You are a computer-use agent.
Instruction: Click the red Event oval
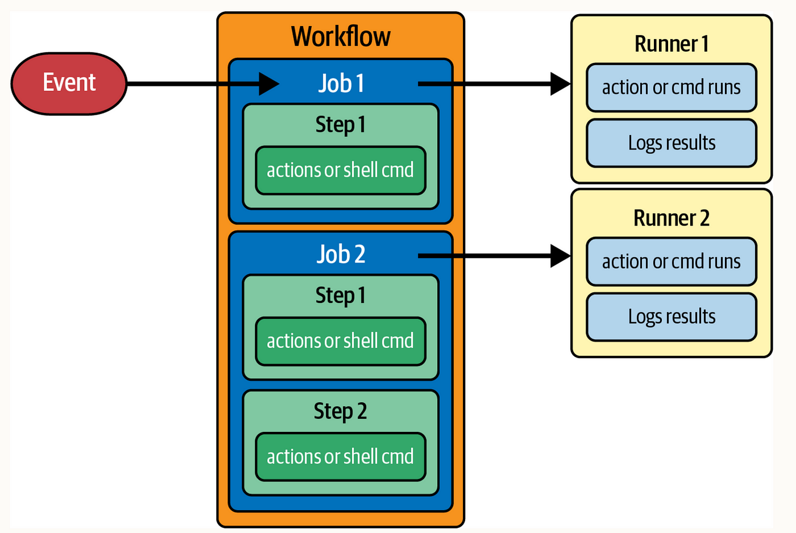(69, 84)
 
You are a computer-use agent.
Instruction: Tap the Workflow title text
(341, 36)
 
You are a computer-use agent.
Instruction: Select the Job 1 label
(341, 84)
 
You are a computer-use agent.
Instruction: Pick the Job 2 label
(341, 254)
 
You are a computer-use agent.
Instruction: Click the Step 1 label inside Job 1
(341, 125)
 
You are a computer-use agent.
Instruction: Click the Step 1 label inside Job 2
(341, 296)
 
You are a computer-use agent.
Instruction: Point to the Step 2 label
(341, 411)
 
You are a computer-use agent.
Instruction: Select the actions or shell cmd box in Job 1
(341, 170)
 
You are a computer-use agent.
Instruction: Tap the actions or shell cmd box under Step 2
(341, 457)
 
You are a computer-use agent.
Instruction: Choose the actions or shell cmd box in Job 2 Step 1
(341, 342)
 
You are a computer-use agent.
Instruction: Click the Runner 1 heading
(671, 44)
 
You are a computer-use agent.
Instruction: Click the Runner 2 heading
(671, 218)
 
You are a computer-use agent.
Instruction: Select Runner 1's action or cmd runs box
(671, 88)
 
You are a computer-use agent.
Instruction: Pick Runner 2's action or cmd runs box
(671, 262)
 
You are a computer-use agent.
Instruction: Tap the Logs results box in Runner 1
(671, 143)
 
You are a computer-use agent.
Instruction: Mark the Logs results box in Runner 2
(671, 317)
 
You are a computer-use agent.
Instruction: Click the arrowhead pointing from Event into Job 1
(269, 84)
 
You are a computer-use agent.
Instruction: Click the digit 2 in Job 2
(359, 254)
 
